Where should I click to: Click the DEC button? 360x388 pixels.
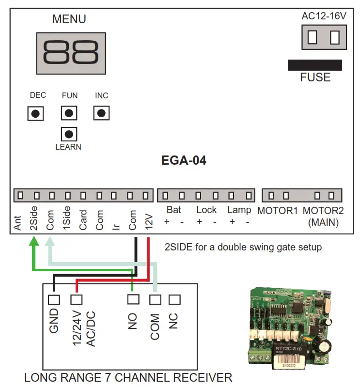coord(35,114)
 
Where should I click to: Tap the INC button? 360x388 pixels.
coord(101,113)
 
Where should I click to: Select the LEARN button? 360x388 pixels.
coord(69,134)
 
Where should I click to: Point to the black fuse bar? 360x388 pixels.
coord(314,65)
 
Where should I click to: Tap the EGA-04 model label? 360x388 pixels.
coord(184,160)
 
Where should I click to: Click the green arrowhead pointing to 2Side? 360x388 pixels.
coord(33,241)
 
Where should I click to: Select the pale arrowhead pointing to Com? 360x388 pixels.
coord(50,241)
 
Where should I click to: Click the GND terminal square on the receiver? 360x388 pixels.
coord(54,299)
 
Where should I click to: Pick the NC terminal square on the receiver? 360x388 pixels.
coord(173,299)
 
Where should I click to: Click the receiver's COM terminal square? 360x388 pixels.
coord(155,299)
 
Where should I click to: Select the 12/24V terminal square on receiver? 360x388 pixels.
coord(77,299)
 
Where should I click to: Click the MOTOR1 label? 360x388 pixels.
coord(277,211)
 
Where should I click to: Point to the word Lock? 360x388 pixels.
coord(206,210)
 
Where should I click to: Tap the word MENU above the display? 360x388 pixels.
coord(69,19)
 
